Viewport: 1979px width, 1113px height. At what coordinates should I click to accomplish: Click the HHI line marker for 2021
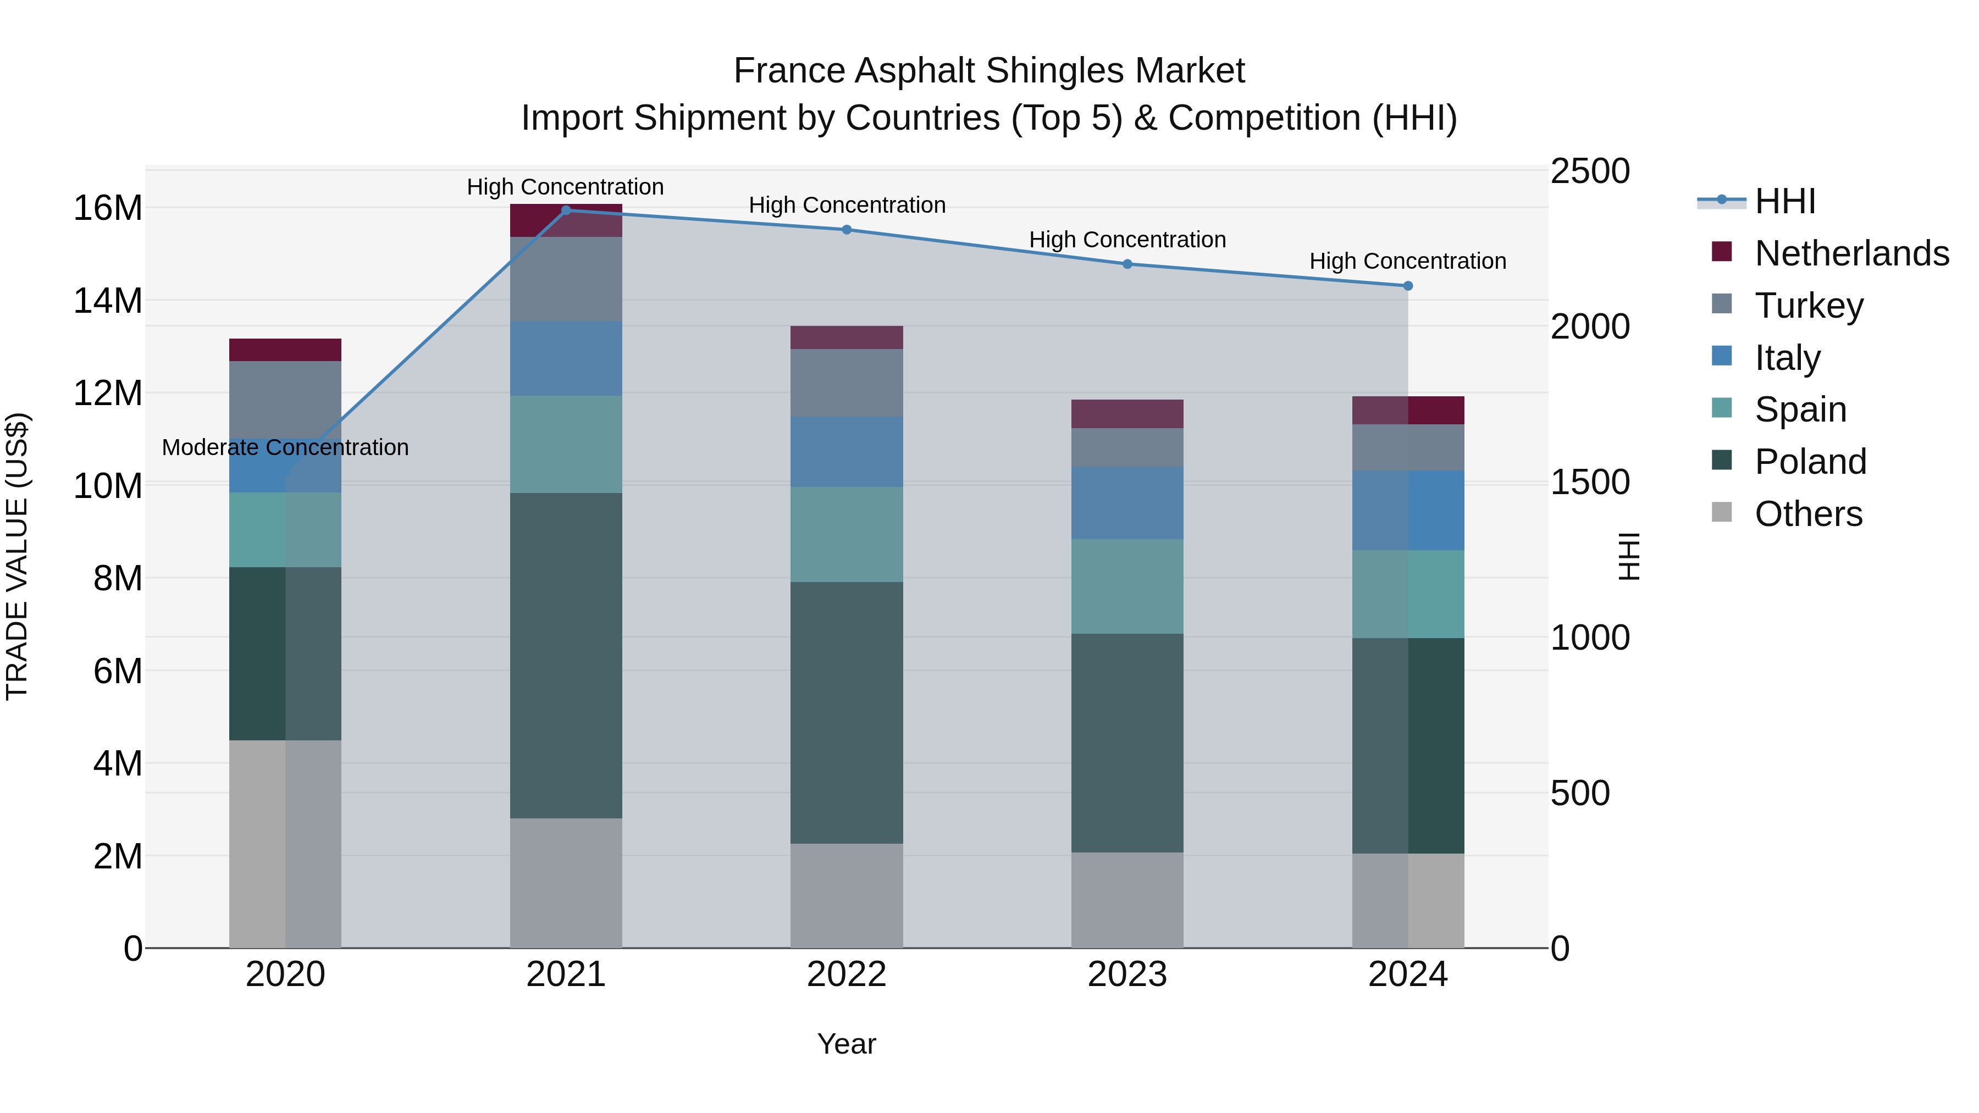point(566,211)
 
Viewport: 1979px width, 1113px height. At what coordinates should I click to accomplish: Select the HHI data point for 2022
point(847,230)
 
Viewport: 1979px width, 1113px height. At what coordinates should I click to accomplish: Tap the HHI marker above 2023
point(1127,264)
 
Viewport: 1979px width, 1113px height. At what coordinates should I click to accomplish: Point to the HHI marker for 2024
point(1407,286)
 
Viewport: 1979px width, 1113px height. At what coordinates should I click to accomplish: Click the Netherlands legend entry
point(1851,253)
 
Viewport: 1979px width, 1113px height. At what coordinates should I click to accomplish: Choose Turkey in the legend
point(1809,306)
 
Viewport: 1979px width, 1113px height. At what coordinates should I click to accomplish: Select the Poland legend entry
point(1810,462)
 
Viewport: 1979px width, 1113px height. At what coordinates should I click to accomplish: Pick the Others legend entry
point(1809,514)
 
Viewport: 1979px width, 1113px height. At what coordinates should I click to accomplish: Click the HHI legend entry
point(1784,201)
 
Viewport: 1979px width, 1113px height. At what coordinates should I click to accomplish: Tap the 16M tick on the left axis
point(108,208)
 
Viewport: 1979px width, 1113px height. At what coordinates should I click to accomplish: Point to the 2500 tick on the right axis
point(1589,171)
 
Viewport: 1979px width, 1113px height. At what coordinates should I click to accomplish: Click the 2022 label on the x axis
point(847,974)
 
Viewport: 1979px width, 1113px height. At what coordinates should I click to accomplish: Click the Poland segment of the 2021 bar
point(566,655)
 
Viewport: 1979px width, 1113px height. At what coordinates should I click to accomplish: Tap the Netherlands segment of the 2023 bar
point(1127,414)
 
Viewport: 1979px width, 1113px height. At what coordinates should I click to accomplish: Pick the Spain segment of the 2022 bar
point(847,535)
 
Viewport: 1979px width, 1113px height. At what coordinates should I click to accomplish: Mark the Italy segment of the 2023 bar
point(1127,503)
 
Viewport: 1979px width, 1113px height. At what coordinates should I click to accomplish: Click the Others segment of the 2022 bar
point(847,896)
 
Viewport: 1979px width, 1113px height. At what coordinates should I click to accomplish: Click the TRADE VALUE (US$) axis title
point(17,557)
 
